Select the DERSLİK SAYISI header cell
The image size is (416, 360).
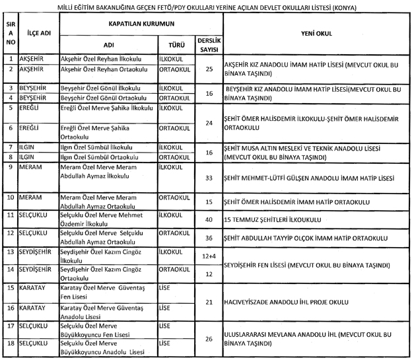209,45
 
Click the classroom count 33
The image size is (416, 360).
209,178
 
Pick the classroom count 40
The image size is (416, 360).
209,219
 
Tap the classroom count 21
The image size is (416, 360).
209,302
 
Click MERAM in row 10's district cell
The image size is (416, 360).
31,198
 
